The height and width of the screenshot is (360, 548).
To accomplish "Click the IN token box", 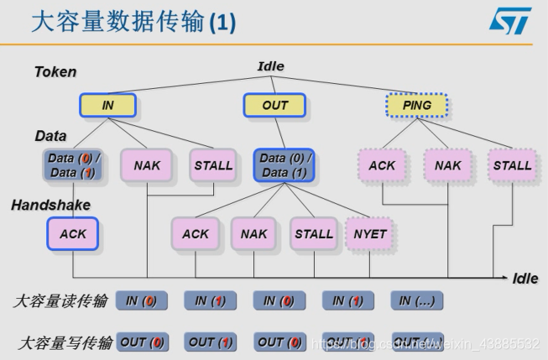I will pyautogui.click(x=107, y=105).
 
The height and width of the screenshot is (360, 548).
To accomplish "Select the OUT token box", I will pyautogui.click(x=274, y=105).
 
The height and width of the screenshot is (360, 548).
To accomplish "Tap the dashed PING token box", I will pyautogui.click(x=416, y=105).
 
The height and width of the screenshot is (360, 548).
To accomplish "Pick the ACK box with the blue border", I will pyautogui.click(x=73, y=234).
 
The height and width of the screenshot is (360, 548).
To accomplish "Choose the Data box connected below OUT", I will pyautogui.click(x=284, y=165).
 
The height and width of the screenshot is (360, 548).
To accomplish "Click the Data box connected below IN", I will pyautogui.click(x=73, y=165).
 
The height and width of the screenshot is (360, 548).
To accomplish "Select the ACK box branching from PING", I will pyautogui.click(x=382, y=165).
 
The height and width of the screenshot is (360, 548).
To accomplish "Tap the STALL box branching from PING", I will pyautogui.click(x=512, y=165).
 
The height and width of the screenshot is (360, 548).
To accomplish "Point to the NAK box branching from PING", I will pyautogui.click(x=447, y=165).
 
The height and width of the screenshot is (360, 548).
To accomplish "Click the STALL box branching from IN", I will pyautogui.click(x=213, y=165).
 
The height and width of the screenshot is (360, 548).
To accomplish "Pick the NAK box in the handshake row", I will pyautogui.click(x=253, y=234).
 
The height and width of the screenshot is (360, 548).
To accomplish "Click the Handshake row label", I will pyautogui.click(x=50, y=205).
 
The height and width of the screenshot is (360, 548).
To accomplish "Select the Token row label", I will pyautogui.click(x=55, y=72).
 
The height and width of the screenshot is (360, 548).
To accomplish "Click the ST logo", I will pyautogui.click(x=510, y=22).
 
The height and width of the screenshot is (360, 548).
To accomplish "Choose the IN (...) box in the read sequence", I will pyautogui.click(x=417, y=300).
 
